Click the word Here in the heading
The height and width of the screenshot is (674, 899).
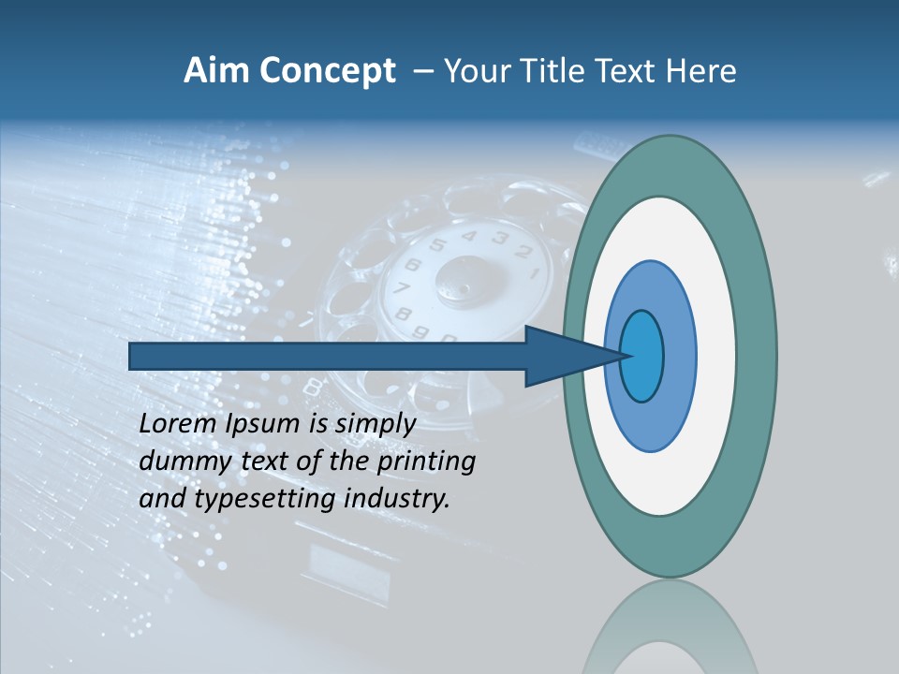(701, 71)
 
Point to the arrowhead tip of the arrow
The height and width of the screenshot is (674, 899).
(626, 356)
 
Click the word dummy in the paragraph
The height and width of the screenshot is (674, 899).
(179, 462)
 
